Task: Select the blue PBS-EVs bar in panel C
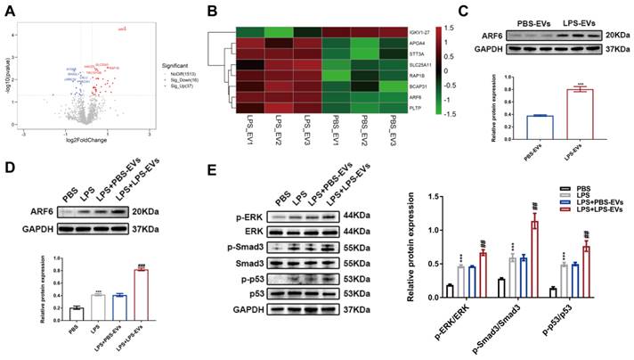point(517,117)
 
